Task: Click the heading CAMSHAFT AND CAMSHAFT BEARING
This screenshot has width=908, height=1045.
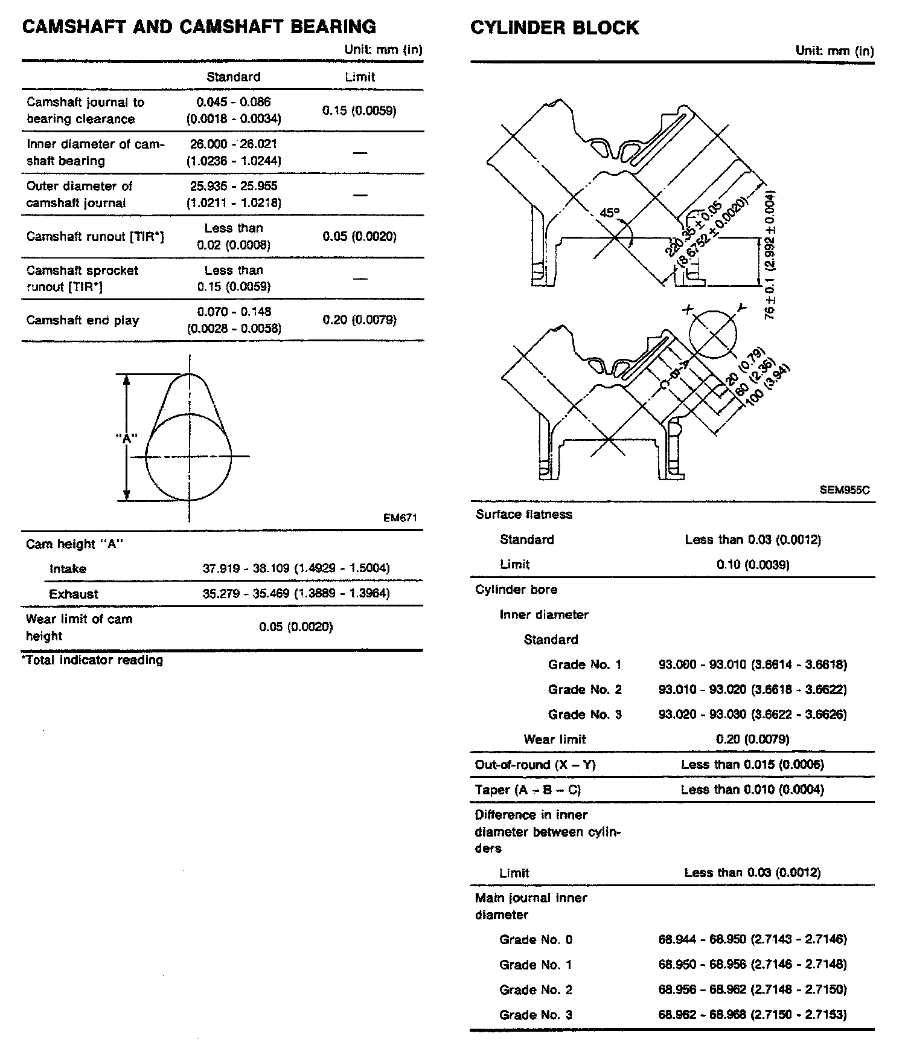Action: (199, 27)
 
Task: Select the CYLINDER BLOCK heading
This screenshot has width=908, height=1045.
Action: (554, 28)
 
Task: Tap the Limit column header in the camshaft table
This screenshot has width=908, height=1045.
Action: (360, 77)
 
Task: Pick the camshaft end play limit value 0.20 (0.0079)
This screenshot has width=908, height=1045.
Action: (359, 320)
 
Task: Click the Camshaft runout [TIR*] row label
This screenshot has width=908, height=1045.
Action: (95, 236)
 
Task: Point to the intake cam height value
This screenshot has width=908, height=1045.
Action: (296, 568)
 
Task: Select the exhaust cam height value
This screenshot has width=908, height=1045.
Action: (296, 594)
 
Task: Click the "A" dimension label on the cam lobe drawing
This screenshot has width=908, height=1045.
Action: (127, 439)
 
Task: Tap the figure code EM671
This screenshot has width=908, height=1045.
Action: (400, 518)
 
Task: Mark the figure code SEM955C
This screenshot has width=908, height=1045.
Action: (845, 490)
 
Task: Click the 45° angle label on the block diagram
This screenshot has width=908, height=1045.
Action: (610, 213)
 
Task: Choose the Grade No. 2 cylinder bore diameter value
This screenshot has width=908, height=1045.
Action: (752, 690)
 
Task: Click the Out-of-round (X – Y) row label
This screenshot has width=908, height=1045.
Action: (535, 765)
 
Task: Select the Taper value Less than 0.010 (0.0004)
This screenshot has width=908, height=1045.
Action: (752, 789)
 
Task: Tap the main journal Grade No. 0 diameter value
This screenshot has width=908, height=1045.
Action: (752, 940)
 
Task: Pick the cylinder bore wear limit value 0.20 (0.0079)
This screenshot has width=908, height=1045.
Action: (752, 739)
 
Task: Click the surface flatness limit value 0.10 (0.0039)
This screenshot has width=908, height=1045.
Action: (753, 565)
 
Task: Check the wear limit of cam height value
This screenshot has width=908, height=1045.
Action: (296, 627)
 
